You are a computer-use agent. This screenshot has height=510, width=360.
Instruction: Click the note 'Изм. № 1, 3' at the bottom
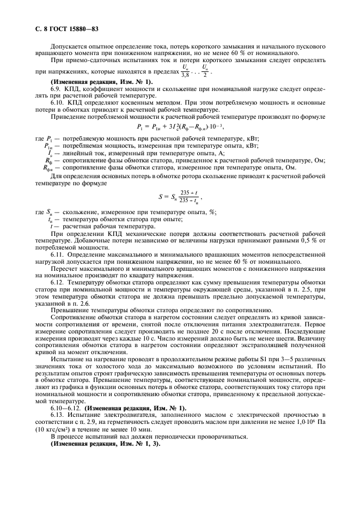(133, 442)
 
